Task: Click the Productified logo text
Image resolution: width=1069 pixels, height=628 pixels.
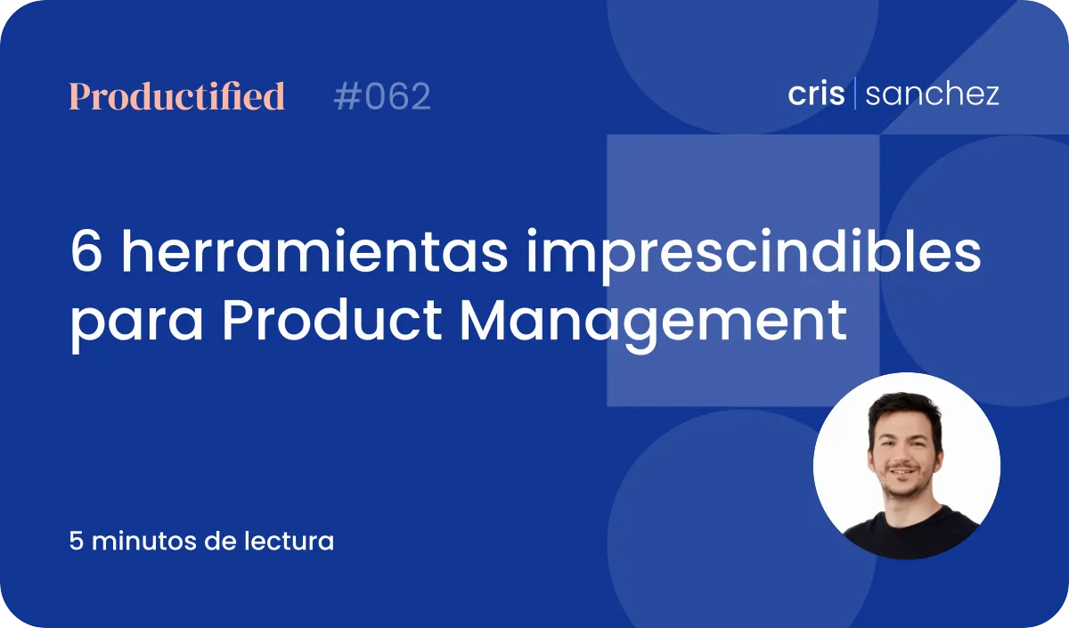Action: [177, 96]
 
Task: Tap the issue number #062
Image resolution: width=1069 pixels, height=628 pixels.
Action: [382, 96]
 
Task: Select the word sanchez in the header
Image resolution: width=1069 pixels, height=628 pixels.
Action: [932, 94]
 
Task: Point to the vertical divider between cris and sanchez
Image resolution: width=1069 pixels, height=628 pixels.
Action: [854, 93]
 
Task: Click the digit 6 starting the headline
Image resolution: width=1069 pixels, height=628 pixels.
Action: [86, 251]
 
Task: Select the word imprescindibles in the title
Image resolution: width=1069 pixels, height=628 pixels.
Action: [754, 257]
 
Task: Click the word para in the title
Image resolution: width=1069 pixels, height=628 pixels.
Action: [137, 325]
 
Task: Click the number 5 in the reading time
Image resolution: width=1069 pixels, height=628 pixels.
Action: [77, 542]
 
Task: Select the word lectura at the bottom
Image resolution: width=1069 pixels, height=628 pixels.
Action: [290, 542]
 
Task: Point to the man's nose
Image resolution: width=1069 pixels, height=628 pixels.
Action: [901, 456]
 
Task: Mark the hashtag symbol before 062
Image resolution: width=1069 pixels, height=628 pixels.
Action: [348, 96]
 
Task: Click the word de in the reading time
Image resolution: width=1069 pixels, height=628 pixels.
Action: [221, 542]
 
